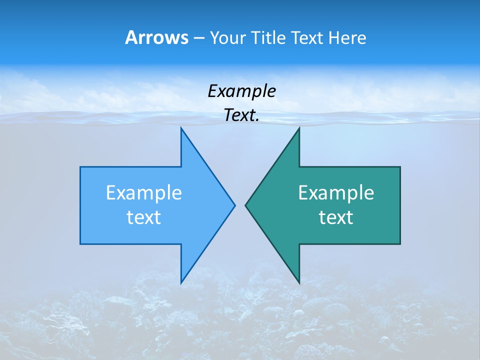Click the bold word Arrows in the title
tap(156, 37)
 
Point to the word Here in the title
tap(347, 37)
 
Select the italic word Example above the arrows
tap(241, 91)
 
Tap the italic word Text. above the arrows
tap(241, 115)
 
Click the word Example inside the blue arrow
tap(144, 192)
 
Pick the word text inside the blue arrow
tap(144, 217)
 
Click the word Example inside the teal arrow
tap(336, 192)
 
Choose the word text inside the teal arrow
tap(336, 217)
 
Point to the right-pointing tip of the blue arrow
tap(234, 205)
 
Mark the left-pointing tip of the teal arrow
tap(245, 205)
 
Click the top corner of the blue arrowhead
tap(181, 128)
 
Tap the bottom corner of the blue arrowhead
tap(181, 283)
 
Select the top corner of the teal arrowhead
tap(299, 128)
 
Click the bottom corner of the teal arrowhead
tap(299, 283)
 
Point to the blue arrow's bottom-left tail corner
tap(80, 244)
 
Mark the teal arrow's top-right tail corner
tap(400, 167)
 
